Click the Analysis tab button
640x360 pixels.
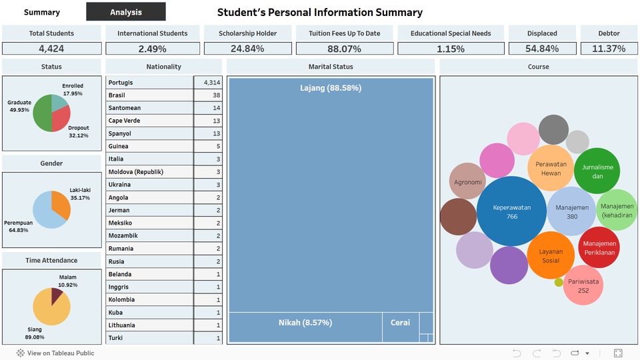[126, 12]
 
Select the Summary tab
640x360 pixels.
[42, 12]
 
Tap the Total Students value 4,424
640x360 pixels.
[51, 49]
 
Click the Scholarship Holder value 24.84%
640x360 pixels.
[247, 49]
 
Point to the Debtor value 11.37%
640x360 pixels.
[609, 49]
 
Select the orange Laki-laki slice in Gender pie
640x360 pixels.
[60, 204]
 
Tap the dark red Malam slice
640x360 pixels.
[57, 295]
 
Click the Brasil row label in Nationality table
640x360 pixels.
[117, 95]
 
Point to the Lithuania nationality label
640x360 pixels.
[122, 325]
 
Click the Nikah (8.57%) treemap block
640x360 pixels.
[305, 323]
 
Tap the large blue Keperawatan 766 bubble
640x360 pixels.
[512, 211]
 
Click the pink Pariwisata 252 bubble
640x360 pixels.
[583, 285]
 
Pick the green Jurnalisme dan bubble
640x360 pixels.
[597, 171]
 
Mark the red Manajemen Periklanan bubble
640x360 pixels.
[599, 247]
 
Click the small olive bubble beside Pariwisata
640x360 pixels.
[559, 283]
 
